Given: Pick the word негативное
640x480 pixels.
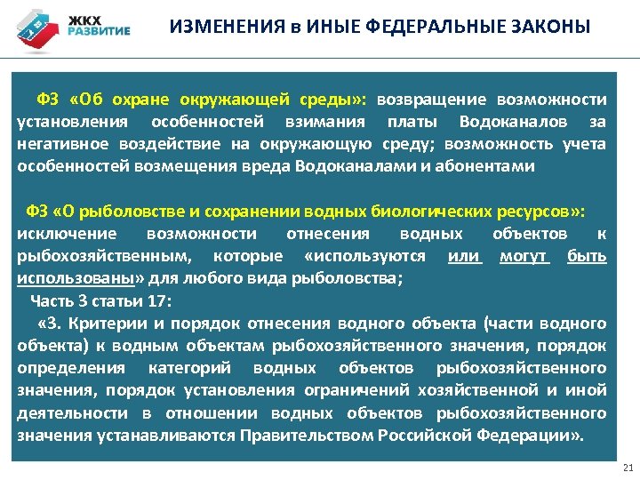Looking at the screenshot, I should pyautogui.click(x=59, y=144).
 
